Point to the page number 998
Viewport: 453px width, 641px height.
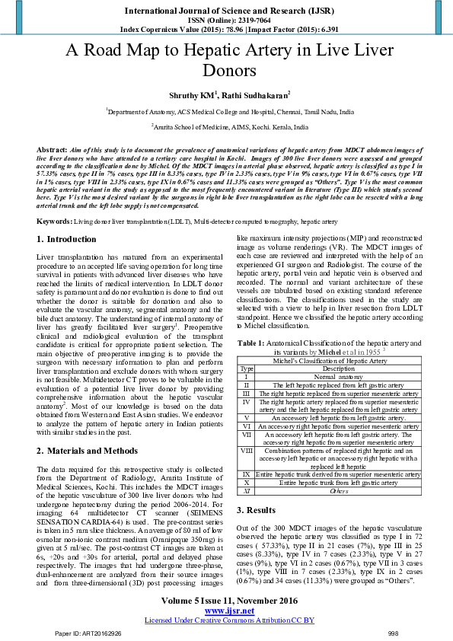tap(393, 632)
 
